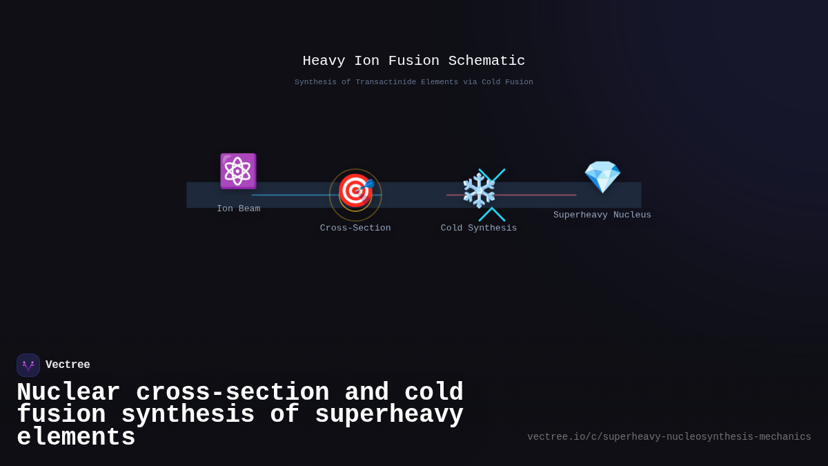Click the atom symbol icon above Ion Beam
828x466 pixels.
pyautogui.click(x=238, y=171)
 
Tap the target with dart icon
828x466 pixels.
pyautogui.click(x=355, y=191)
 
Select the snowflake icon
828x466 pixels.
pyautogui.click(x=479, y=191)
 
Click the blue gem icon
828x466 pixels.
pyautogui.click(x=602, y=177)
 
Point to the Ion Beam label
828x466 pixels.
pyautogui.click(x=239, y=208)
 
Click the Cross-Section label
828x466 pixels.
pyautogui.click(x=355, y=228)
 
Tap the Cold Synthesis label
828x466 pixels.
pyautogui.click(x=479, y=228)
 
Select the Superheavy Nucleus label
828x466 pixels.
pyautogui.click(x=602, y=215)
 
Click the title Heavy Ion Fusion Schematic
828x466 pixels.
pyautogui.click(x=414, y=61)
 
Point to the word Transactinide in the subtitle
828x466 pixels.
pyautogui.click(x=387, y=82)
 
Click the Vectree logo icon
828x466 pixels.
pyautogui.click(x=28, y=365)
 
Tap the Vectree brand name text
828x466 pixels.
pyautogui.click(x=68, y=365)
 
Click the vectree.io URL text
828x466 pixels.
pyautogui.click(x=669, y=437)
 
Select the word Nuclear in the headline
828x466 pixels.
pyautogui.click(x=68, y=392)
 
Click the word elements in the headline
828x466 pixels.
pyautogui.click(x=76, y=438)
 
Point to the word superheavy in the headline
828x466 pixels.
pyautogui.click(x=389, y=415)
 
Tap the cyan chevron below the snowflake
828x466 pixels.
pyautogui.click(x=492, y=214)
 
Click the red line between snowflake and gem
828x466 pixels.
pyautogui.click(x=538, y=195)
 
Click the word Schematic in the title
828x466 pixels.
pyautogui.click(x=486, y=61)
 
